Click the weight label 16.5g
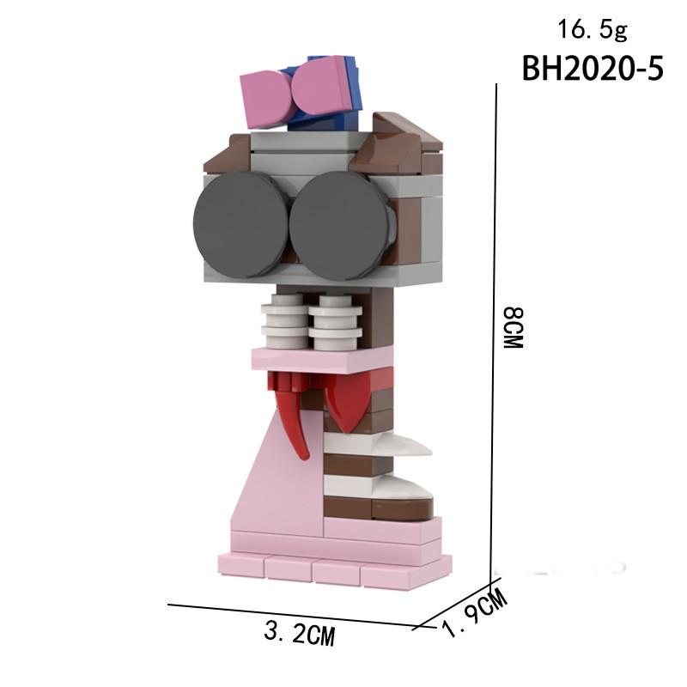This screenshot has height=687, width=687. pyautogui.click(x=593, y=30)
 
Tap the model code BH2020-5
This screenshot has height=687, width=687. pyautogui.click(x=593, y=69)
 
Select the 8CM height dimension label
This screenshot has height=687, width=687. pyautogui.click(x=513, y=327)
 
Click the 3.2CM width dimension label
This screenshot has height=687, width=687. pyautogui.click(x=298, y=635)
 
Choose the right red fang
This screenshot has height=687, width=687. pyautogui.click(x=343, y=400)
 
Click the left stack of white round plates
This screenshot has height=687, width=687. pyautogui.click(x=283, y=319)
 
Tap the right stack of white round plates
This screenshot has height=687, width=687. pyautogui.click(x=332, y=319)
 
